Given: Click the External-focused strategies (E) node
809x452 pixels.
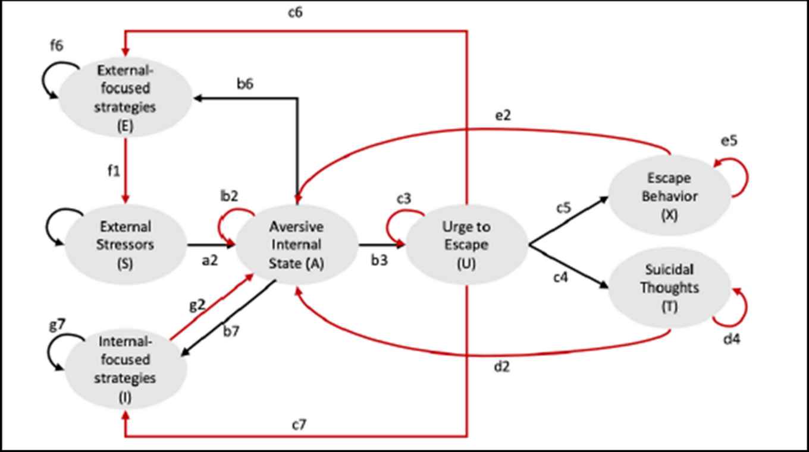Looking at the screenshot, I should click(125, 97).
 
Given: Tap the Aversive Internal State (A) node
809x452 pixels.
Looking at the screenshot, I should click(296, 245).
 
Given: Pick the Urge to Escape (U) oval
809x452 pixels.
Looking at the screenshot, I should click(466, 245).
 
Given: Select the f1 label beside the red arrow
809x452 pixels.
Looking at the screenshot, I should click(113, 172).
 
